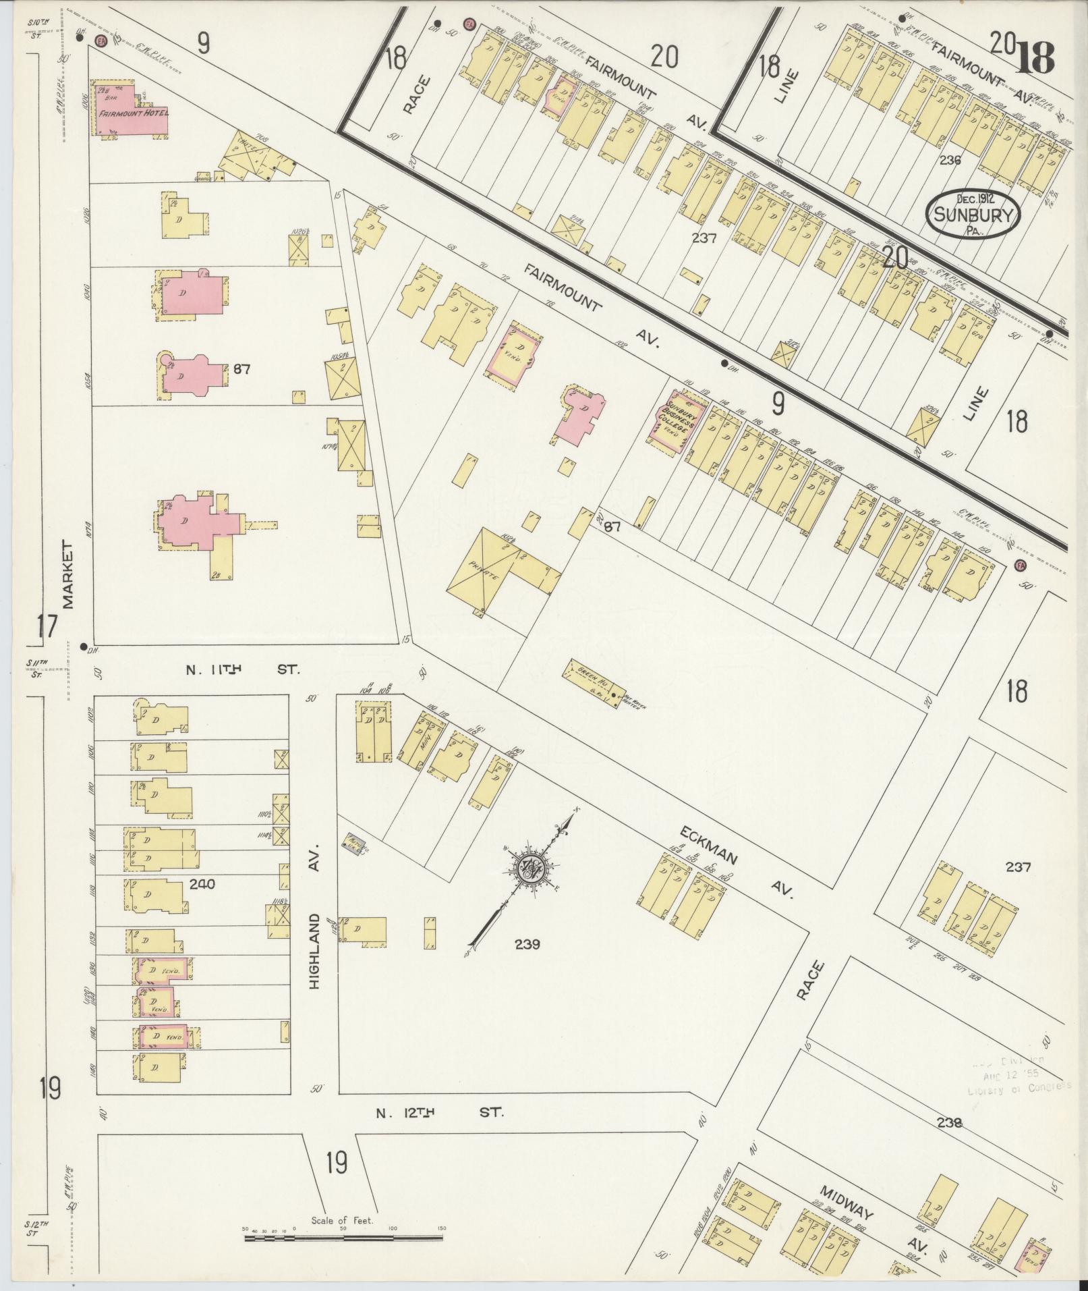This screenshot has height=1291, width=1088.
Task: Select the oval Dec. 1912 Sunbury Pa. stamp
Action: (x=972, y=214)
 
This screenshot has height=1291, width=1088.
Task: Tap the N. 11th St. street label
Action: (x=241, y=670)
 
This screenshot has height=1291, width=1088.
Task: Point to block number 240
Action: (x=202, y=884)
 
